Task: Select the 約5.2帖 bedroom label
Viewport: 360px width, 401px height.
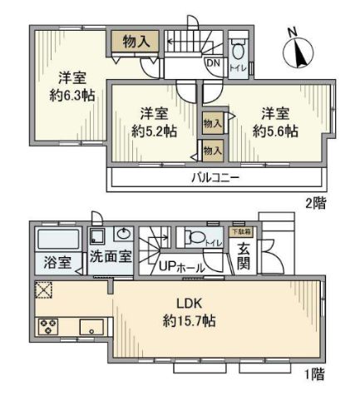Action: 155,131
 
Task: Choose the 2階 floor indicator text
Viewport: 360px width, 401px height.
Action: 314,201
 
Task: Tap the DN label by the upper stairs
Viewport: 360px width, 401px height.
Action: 212,62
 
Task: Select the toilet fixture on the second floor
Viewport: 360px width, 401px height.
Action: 236,45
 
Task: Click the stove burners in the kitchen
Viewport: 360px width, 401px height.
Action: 47,325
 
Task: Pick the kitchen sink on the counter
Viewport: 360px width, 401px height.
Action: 89,325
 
